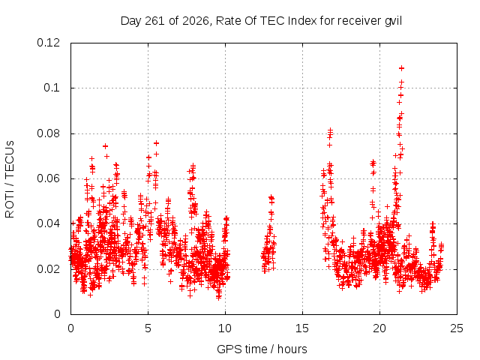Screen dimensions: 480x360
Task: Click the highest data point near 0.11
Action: coord(401,68)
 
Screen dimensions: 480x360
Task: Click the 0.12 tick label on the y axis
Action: coord(48,43)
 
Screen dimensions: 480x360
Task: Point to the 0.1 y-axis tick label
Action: coord(52,88)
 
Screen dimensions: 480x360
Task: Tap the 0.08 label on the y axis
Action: coord(48,133)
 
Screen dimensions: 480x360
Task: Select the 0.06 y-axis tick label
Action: coord(48,178)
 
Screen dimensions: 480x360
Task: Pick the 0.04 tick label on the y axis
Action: coord(48,223)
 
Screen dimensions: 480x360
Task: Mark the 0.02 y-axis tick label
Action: coord(48,269)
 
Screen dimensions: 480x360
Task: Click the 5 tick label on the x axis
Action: coord(148,328)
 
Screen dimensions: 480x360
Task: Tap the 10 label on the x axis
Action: coord(225,328)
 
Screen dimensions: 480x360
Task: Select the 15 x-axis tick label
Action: coord(302,328)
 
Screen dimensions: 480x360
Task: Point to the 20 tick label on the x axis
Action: coord(379,328)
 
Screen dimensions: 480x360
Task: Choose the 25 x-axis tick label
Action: coord(457,328)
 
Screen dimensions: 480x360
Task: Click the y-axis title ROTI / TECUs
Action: coord(10,179)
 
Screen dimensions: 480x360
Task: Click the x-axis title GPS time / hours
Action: coord(262,349)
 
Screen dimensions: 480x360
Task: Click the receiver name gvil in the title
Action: coord(393,21)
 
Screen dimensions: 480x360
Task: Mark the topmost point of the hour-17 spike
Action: coord(330,130)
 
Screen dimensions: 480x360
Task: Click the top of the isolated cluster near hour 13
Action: coord(271,197)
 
